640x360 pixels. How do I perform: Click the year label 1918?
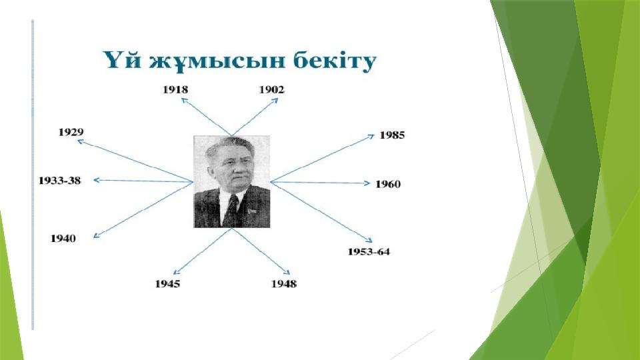pyautogui.click(x=175, y=90)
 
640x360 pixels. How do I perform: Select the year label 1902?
pyautogui.click(x=271, y=90)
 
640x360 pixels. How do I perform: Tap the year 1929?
pyautogui.click(x=71, y=132)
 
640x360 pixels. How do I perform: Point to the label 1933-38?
pyautogui.click(x=59, y=181)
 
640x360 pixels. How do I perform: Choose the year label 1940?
pyautogui.click(x=63, y=239)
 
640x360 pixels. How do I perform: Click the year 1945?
pyautogui.click(x=167, y=284)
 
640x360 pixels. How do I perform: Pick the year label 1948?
pyautogui.click(x=284, y=284)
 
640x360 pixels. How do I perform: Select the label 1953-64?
pyautogui.click(x=369, y=251)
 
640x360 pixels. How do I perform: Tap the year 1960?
pyautogui.click(x=388, y=184)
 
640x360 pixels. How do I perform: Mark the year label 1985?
pyautogui.click(x=392, y=135)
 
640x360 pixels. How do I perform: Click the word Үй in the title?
pyautogui.click(x=122, y=61)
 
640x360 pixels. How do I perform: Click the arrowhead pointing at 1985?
pyautogui.click(x=371, y=136)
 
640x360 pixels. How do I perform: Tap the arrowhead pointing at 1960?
pyautogui.click(x=367, y=183)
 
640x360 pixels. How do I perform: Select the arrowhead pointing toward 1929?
pyautogui.click(x=81, y=141)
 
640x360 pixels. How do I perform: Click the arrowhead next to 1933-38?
pyautogui.click(x=97, y=180)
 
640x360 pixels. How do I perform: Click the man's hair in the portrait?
pyautogui.click(x=229, y=145)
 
